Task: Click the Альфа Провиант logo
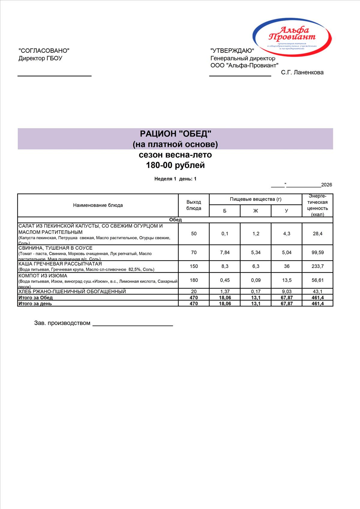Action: [x=292, y=37]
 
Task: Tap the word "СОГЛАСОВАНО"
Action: [x=44, y=51]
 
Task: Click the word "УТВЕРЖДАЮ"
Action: [x=232, y=51]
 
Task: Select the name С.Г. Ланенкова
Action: [x=302, y=72]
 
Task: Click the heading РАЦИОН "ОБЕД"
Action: [x=175, y=134]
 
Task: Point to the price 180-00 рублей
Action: [x=175, y=165]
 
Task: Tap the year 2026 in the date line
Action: [x=326, y=185]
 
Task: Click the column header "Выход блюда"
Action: [x=194, y=205]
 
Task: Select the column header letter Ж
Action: [x=256, y=211]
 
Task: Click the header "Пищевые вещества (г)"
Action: [x=256, y=199]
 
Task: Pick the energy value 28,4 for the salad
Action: [x=317, y=234]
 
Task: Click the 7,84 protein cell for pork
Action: [x=225, y=252]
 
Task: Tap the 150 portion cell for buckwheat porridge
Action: [x=194, y=266]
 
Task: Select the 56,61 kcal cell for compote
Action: [x=317, y=280]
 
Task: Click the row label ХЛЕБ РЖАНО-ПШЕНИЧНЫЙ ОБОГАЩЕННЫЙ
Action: [x=72, y=291]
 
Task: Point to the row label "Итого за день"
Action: [x=35, y=303]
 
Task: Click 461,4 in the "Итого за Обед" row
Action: [x=317, y=298]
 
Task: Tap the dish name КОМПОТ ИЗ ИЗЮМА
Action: [x=43, y=276]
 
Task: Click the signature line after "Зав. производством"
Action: [x=133, y=324]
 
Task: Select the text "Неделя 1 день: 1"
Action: [x=175, y=179]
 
